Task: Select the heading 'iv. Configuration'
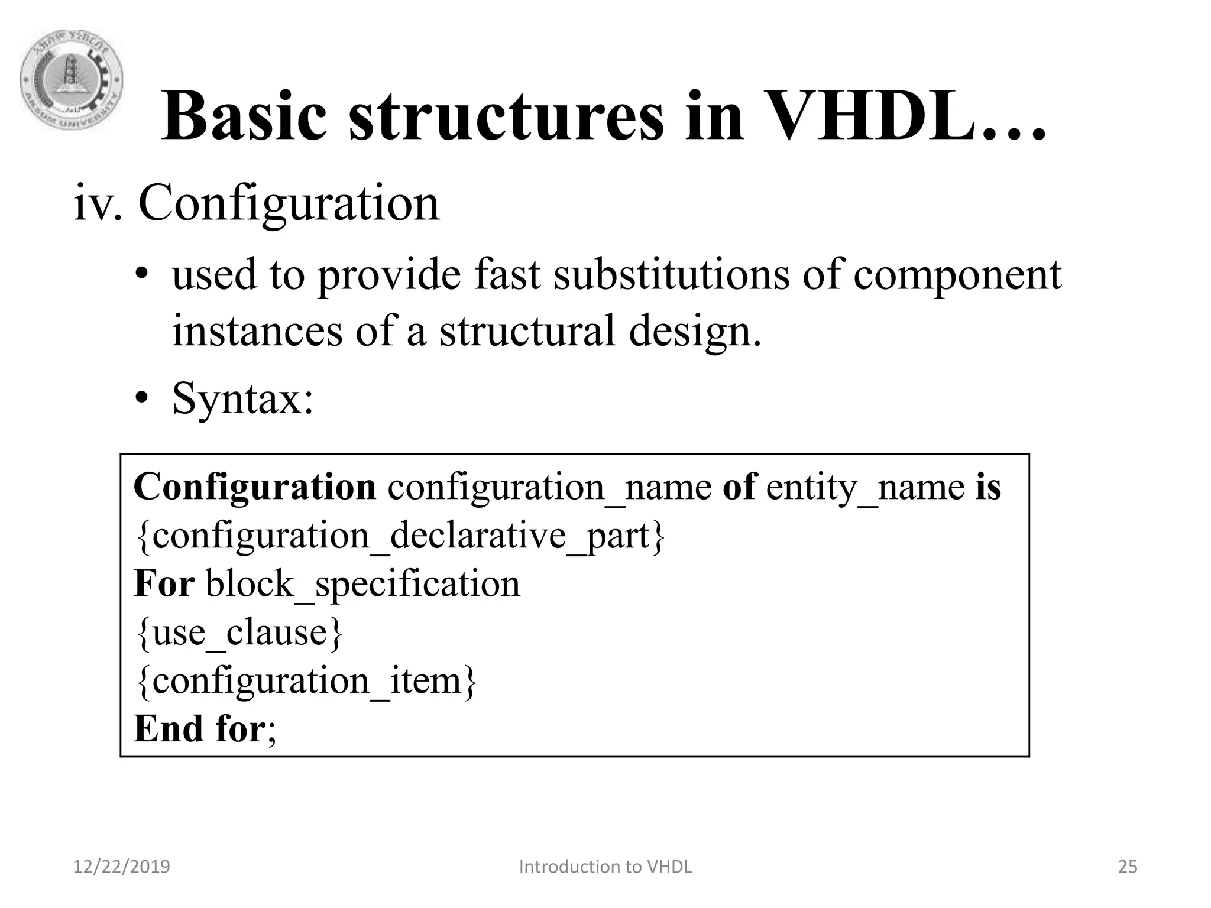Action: click(x=257, y=203)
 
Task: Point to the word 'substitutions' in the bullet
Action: click(x=671, y=275)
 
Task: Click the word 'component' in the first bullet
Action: click(x=957, y=276)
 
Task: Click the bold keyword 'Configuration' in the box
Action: click(x=255, y=487)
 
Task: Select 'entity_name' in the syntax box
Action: click(x=865, y=488)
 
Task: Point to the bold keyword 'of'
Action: click(x=739, y=487)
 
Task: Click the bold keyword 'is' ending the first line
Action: click(x=988, y=487)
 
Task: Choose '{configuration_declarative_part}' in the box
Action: click(x=400, y=536)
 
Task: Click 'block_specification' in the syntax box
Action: click(x=362, y=585)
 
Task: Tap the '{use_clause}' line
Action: click(x=239, y=633)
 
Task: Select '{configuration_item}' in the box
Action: click(x=306, y=681)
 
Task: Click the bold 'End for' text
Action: click(x=199, y=728)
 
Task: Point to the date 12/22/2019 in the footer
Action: click(x=121, y=867)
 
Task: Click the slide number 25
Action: click(x=1127, y=867)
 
